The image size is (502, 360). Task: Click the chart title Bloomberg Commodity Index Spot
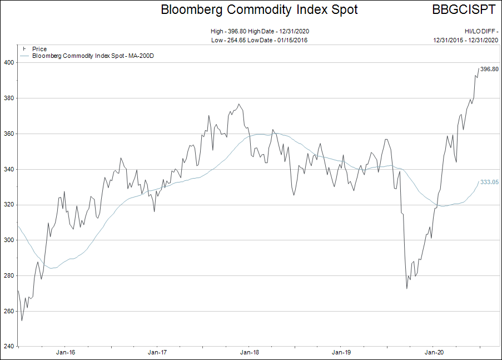coord(259,10)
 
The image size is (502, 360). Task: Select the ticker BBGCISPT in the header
coord(464,10)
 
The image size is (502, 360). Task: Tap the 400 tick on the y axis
coord(8,63)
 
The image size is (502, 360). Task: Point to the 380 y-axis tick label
coord(8,98)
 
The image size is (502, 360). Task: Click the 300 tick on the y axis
coord(8,240)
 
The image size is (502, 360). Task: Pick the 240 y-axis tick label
coord(8,347)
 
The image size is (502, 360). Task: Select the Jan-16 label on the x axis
coord(65,352)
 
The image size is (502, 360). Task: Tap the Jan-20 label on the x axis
coord(434,352)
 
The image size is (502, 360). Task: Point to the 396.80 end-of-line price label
coord(489,69)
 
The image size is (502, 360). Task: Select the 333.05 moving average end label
coord(489,182)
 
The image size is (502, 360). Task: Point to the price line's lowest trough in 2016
coord(22,320)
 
